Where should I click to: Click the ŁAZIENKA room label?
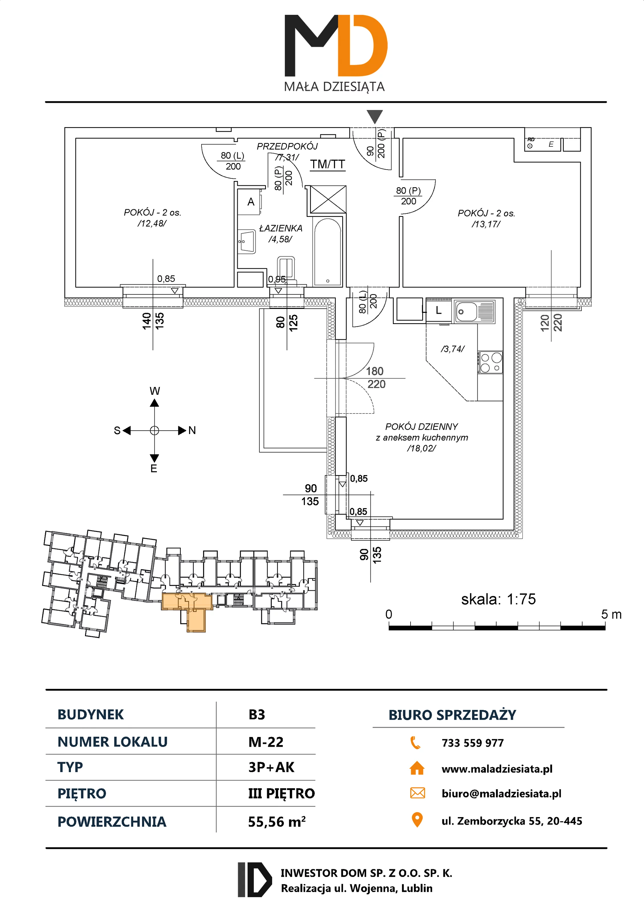(280, 228)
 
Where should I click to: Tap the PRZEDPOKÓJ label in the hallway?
(287, 146)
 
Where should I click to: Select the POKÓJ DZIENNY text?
(421, 427)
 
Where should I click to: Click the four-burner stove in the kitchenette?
(491, 362)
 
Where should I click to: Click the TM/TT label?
(327, 164)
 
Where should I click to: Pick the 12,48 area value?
(152, 224)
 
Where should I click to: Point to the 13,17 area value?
(486, 224)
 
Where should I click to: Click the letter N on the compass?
(192, 431)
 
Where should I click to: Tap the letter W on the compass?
(155, 391)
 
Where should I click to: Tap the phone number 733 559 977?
(473, 743)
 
